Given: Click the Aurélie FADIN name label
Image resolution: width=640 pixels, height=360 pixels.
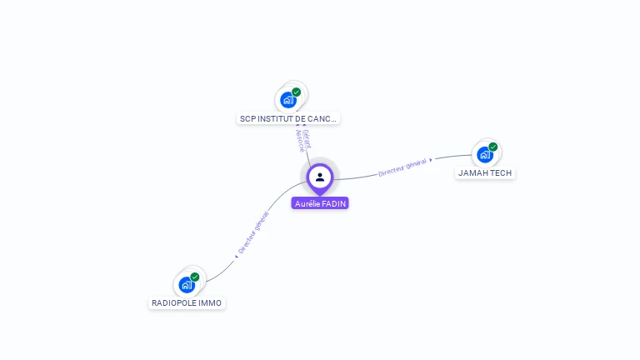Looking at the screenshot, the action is (x=320, y=203).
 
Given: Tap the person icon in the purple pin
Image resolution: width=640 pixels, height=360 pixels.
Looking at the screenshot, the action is (x=320, y=177).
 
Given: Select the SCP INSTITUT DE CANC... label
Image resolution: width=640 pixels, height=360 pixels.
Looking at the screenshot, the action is (x=288, y=119).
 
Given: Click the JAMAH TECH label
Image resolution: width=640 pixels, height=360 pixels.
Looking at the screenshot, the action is (x=486, y=173).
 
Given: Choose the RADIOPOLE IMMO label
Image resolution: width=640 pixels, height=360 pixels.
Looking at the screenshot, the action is (x=187, y=303).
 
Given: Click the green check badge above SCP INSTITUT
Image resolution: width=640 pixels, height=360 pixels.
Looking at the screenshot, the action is (x=297, y=92).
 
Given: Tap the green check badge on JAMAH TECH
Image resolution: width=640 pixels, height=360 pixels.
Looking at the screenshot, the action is (x=493, y=147).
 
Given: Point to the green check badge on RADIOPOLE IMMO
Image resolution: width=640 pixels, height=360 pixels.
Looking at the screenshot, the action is (x=195, y=277).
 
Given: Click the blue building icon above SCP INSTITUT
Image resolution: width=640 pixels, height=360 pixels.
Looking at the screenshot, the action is (x=288, y=100).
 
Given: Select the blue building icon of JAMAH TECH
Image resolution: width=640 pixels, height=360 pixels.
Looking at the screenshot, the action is (x=484, y=154).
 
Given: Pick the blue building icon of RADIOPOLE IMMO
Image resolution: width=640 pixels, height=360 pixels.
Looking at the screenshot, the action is (x=187, y=284).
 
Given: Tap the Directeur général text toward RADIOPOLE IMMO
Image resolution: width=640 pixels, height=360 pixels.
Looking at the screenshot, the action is (x=253, y=232).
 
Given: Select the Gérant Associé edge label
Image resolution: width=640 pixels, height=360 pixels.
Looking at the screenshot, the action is (x=302, y=139).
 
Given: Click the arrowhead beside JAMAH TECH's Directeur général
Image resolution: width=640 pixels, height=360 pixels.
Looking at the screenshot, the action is (x=431, y=159).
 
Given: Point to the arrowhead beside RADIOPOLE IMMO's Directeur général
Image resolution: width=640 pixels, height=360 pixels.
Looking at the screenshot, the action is (x=237, y=257).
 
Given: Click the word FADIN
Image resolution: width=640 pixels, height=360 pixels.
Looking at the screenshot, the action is (x=333, y=203).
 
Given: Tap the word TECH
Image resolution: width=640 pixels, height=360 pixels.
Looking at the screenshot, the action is (x=501, y=173).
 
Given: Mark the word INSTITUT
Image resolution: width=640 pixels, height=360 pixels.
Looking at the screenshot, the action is (x=276, y=119).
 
